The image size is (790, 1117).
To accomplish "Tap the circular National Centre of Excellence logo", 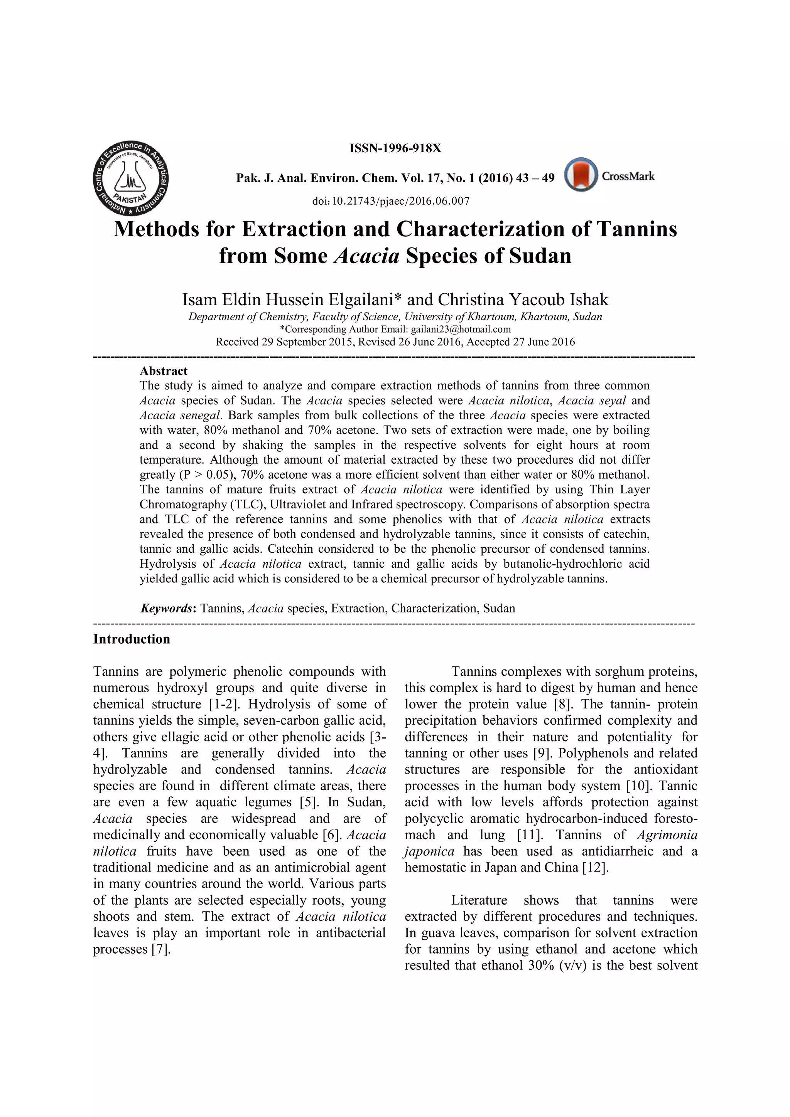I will pyautogui.click(x=130, y=178).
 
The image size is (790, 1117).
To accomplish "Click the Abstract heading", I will pyautogui.click(x=164, y=371).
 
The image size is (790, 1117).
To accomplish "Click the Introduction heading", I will pyautogui.click(x=132, y=639).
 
